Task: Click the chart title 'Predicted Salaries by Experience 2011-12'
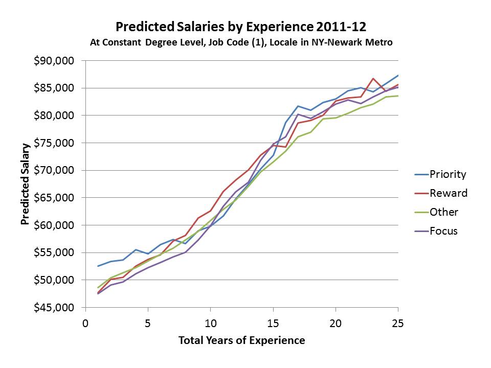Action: click(x=241, y=26)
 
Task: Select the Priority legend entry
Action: click(x=440, y=174)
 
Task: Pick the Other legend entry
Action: click(x=436, y=212)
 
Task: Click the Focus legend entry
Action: click(x=436, y=231)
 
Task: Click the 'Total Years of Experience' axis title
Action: click(x=241, y=340)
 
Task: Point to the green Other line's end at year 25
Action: click(x=398, y=96)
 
